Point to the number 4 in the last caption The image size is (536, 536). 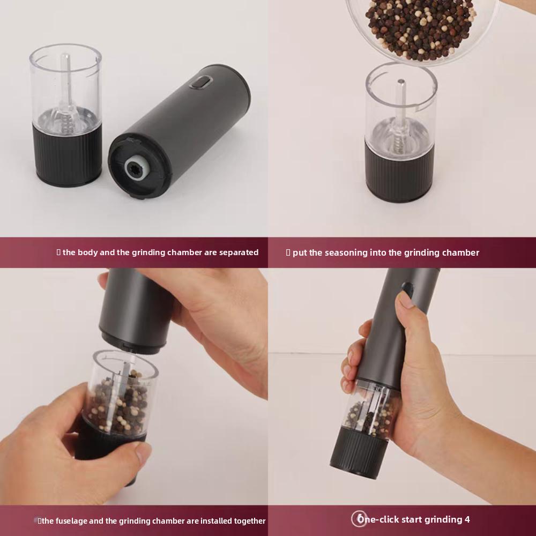467,519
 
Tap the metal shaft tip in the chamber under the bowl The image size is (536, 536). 401,83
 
